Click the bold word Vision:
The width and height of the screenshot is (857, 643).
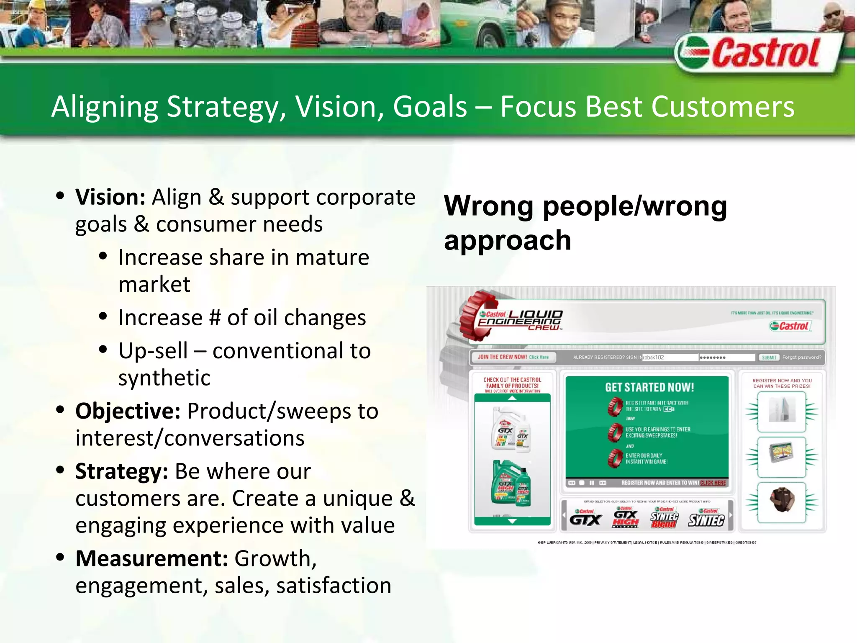110,197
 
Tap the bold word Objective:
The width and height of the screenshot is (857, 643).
128,411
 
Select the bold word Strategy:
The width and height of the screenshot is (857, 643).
121,471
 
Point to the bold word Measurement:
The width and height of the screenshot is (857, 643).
151,558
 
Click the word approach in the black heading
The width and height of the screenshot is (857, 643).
507,241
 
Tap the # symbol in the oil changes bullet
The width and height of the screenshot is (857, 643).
215,318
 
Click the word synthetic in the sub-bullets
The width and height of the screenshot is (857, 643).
164,378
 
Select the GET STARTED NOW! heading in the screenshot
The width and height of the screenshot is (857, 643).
649,387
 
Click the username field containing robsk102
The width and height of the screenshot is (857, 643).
670,358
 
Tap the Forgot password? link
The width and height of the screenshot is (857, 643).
801,358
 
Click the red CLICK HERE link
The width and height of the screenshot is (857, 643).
713,483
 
